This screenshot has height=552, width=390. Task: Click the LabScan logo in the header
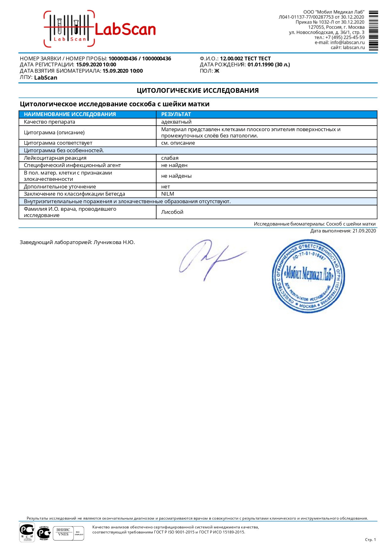100,29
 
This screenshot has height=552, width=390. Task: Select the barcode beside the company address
373,31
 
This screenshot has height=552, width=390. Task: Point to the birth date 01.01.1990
261,65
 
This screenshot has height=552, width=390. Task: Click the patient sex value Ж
217,71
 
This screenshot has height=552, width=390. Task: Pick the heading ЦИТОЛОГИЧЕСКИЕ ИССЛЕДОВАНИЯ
198,91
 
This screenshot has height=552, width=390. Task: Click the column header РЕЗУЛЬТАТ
176,114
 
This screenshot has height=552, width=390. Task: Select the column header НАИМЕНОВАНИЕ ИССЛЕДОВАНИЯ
70,114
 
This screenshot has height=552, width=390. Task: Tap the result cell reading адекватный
176,122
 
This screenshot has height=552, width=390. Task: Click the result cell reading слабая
170,158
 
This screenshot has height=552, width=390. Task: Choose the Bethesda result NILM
168,194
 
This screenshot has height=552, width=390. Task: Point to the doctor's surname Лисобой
172,212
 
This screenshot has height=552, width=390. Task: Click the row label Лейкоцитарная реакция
55,158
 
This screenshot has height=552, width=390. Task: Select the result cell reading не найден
174,165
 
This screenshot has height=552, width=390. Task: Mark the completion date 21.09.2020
364,231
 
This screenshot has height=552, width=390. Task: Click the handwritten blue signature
211,258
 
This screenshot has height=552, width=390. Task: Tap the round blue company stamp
308,276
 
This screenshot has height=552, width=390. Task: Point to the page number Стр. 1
370,540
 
